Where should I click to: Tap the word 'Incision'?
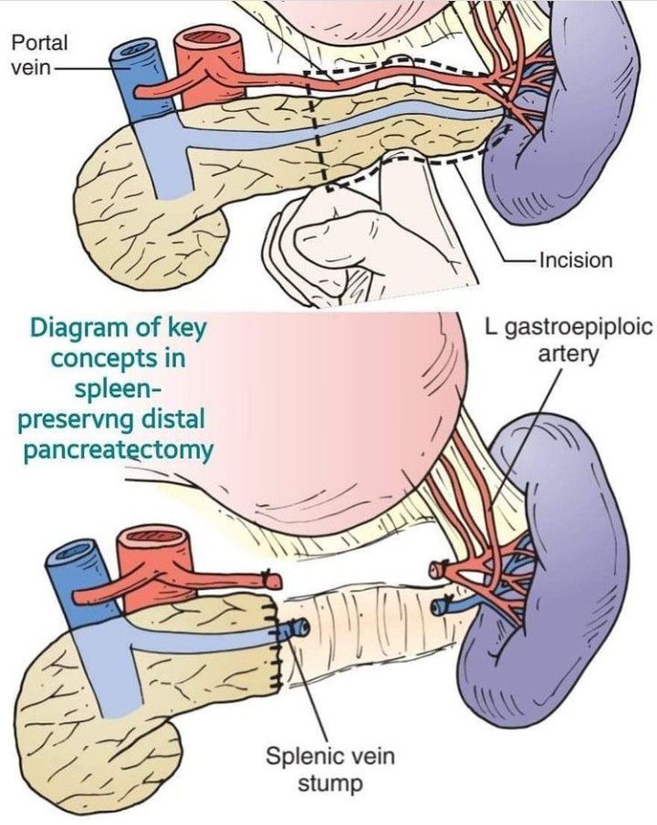[x=576, y=260]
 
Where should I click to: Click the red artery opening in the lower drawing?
[x=146, y=537]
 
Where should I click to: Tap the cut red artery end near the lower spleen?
[x=437, y=570]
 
